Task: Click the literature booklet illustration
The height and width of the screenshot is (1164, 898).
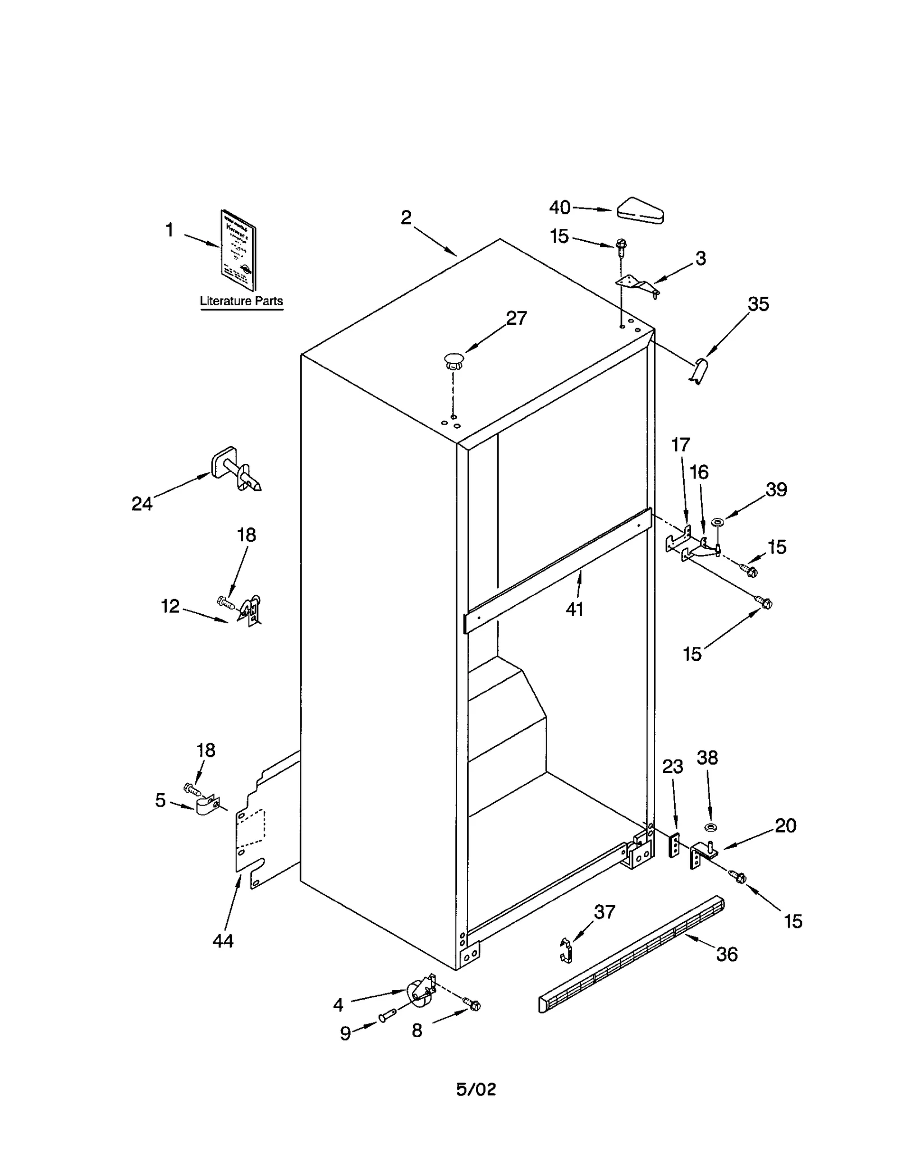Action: (238, 250)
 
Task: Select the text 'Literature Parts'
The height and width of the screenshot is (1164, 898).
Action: (241, 301)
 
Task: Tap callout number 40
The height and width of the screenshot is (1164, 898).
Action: (560, 208)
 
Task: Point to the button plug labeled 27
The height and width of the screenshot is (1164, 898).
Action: (453, 360)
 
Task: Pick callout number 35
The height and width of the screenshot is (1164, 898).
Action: (758, 304)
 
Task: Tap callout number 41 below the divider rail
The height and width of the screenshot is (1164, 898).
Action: (574, 609)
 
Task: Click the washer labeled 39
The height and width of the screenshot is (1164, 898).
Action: (717, 522)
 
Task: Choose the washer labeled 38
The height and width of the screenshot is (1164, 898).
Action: (711, 827)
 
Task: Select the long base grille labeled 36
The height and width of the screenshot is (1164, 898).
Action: (631, 954)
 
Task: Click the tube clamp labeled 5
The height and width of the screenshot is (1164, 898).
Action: (207, 806)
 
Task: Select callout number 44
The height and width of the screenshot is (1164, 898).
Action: (223, 941)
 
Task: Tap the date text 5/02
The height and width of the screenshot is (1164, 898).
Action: (476, 1089)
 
